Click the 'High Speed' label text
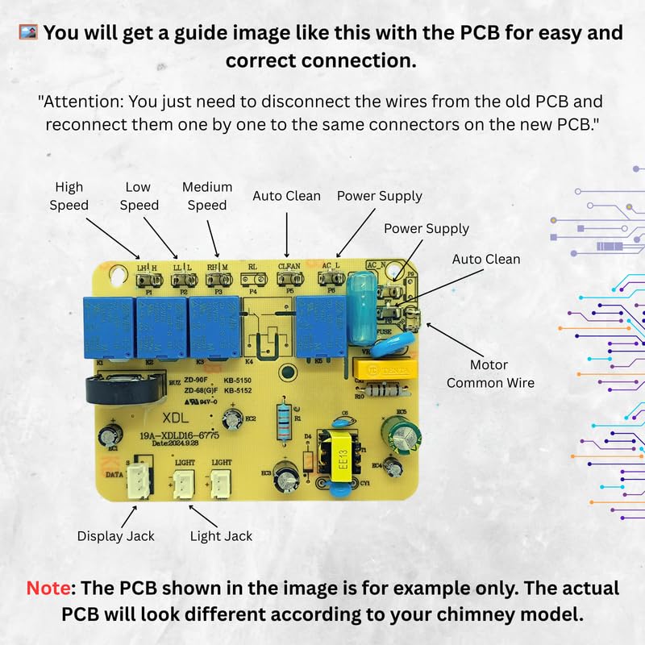tap(69, 195)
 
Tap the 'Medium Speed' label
tap(207, 196)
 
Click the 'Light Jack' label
tap(221, 535)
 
